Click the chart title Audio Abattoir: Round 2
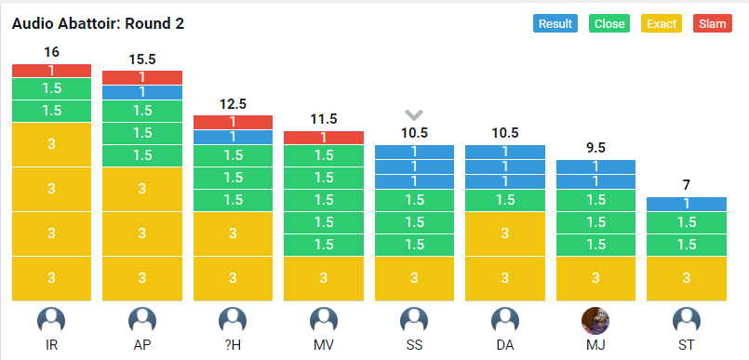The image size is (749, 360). click(98, 24)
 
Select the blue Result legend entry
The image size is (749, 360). click(555, 23)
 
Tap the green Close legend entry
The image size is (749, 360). click(609, 23)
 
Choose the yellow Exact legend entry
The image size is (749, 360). click(662, 23)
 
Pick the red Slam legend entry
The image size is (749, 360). click(712, 23)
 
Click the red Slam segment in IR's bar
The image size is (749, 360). click(51, 71)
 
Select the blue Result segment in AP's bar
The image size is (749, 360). click(142, 93)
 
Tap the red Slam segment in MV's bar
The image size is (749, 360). click(324, 138)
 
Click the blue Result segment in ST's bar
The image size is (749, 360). click(687, 204)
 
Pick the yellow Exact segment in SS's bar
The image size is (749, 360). click(414, 279)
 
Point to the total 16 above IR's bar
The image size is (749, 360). click(51, 52)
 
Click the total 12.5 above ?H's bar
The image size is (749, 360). click(234, 104)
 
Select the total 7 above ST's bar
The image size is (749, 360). click(687, 185)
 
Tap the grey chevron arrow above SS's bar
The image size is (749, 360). click(414, 114)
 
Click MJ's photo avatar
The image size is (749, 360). click(595, 320)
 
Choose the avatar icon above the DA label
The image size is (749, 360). click(505, 320)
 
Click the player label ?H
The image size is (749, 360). click(234, 345)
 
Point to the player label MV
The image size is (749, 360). click(324, 345)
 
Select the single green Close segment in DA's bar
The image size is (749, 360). click(505, 200)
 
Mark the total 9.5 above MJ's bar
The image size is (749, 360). click(595, 148)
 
